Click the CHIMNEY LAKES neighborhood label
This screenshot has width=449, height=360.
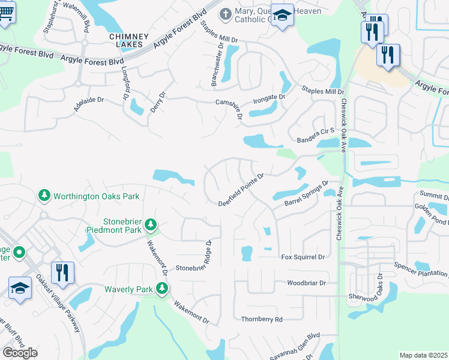click(125, 40)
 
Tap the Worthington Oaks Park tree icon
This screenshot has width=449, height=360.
click(44, 196)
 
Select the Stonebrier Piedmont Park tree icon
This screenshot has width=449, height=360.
click(151, 226)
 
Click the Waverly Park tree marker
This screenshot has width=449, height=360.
click(161, 289)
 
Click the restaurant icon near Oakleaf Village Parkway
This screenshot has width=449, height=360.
click(62, 272)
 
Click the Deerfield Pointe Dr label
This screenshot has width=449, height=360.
click(241, 188)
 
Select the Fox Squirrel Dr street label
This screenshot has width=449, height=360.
click(303, 257)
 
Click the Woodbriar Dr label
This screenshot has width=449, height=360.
click(306, 283)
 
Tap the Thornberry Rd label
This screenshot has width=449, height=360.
click(261, 320)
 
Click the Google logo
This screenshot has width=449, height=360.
click(20, 353)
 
